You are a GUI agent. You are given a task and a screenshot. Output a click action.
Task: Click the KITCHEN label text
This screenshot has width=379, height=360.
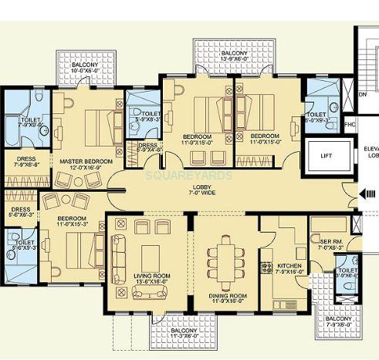[x=289, y=267]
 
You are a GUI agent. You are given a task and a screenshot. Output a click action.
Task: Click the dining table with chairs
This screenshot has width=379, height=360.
[x=228, y=257]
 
